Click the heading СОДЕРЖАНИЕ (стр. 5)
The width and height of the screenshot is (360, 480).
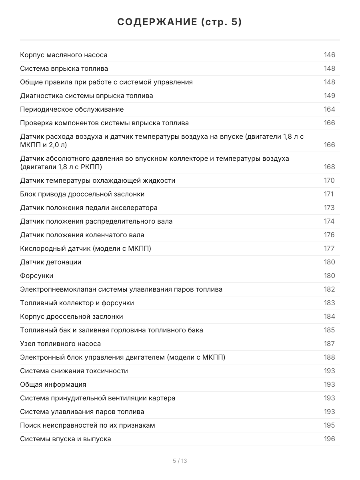click(180, 22)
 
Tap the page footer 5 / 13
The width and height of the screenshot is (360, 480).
click(180, 461)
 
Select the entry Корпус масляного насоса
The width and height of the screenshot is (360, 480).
click(64, 55)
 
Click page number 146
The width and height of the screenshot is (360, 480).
click(329, 55)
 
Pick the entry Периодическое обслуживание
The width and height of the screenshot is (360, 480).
click(72, 109)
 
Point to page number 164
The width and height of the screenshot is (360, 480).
click(329, 109)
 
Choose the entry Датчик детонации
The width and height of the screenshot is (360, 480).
click(51, 262)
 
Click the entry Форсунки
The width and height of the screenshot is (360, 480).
click(37, 276)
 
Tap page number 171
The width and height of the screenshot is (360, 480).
click(328, 194)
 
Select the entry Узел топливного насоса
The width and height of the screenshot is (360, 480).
click(60, 344)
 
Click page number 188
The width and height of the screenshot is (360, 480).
click(329, 357)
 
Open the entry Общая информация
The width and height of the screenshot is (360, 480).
click(53, 384)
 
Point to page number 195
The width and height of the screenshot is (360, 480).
click(329, 425)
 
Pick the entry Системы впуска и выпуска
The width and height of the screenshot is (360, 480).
click(66, 439)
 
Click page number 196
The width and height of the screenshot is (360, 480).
click(329, 439)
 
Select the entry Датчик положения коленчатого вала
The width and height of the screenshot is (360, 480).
click(82, 235)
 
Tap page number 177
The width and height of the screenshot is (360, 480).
click(329, 248)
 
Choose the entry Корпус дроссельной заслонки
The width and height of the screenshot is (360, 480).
click(72, 316)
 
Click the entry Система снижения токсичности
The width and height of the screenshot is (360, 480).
click(74, 371)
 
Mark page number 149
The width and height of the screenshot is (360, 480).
click(329, 96)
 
